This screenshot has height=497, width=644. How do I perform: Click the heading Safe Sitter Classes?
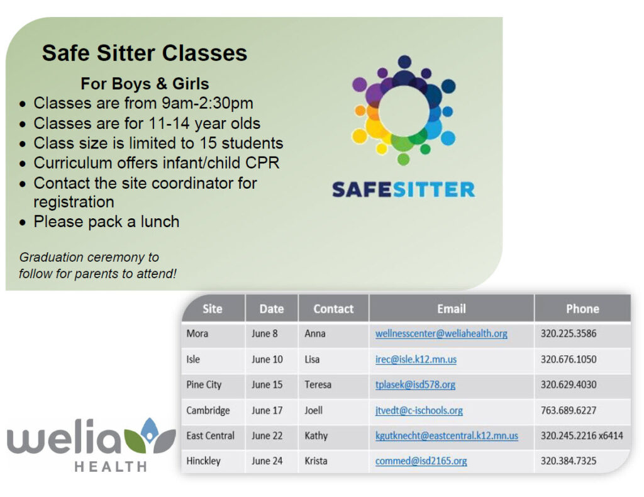[145, 53]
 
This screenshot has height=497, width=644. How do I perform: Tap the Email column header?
[452, 308]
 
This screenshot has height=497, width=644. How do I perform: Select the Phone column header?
[582, 308]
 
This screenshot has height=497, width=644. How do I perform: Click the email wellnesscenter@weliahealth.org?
[441, 333]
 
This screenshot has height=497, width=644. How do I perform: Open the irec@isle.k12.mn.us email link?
[416, 359]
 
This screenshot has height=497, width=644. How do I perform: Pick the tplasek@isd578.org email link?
[415, 385]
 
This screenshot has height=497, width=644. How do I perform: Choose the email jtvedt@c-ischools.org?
[419, 410]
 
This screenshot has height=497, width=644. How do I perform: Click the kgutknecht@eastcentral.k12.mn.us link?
[447, 436]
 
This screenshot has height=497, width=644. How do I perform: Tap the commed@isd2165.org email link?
[421, 461]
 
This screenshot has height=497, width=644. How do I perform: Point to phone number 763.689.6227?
[569, 410]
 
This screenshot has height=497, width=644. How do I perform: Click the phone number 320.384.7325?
[569, 461]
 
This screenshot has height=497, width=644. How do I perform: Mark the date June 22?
[267, 436]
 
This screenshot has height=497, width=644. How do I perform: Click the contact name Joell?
[313, 410]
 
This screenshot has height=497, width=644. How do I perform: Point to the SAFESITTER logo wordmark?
[403, 190]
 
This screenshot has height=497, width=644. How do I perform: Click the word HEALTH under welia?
[111, 467]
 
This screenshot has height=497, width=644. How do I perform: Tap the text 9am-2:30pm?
[208, 103]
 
